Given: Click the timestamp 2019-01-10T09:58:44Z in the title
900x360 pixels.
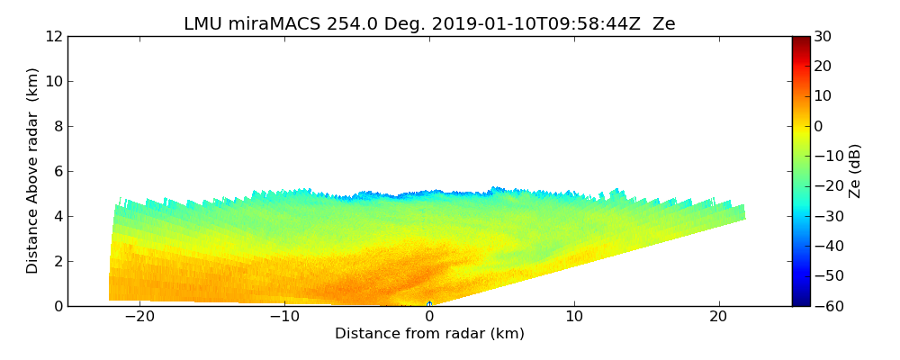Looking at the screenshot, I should [x=524, y=24].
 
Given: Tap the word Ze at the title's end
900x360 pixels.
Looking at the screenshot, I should [x=663, y=24].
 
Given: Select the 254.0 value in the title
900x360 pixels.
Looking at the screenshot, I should [x=333, y=24].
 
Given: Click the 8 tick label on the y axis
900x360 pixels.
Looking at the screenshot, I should [x=58, y=127].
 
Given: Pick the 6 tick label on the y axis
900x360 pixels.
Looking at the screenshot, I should [x=58, y=172].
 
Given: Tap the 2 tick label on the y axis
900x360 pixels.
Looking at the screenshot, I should [x=58, y=262].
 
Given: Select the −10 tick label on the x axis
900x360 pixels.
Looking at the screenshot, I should [x=284, y=317].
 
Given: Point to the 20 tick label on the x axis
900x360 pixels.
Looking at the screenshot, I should [x=718, y=317].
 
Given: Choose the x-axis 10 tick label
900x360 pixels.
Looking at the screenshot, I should [x=573, y=317].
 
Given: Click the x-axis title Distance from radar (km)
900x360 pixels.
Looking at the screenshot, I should [x=429, y=334].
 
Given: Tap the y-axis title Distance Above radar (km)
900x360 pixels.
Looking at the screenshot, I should [x=33, y=170].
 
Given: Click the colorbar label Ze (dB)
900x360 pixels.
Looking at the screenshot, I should [x=855, y=171].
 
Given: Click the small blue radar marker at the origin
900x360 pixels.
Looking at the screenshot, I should [x=429, y=303].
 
